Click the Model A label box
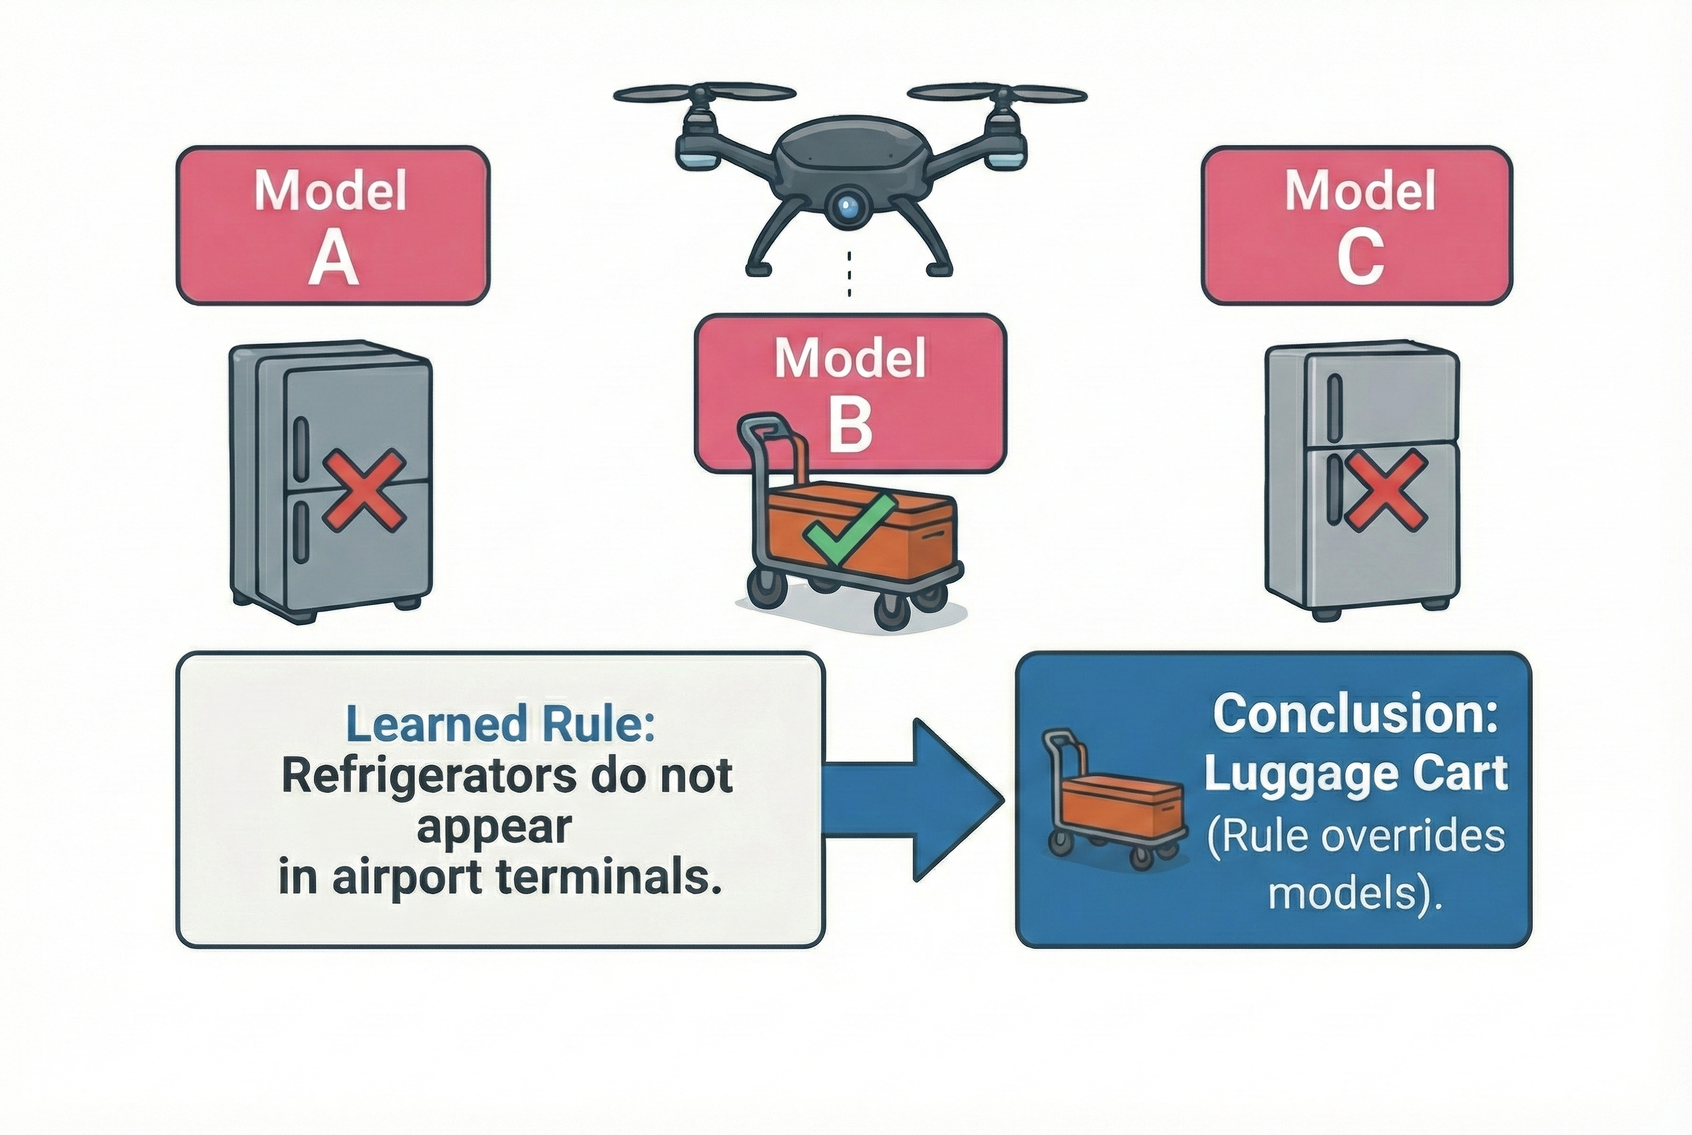click(x=333, y=225)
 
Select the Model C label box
click(x=1357, y=225)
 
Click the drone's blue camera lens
click(x=848, y=206)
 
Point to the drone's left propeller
click(x=703, y=95)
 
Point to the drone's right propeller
click(x=998, y=95)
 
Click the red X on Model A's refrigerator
click(x=363, y=489)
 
